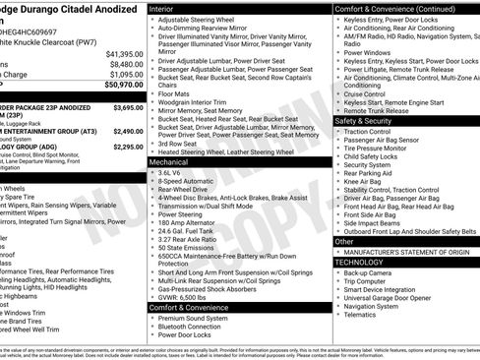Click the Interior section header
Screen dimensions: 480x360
coord(168,7)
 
